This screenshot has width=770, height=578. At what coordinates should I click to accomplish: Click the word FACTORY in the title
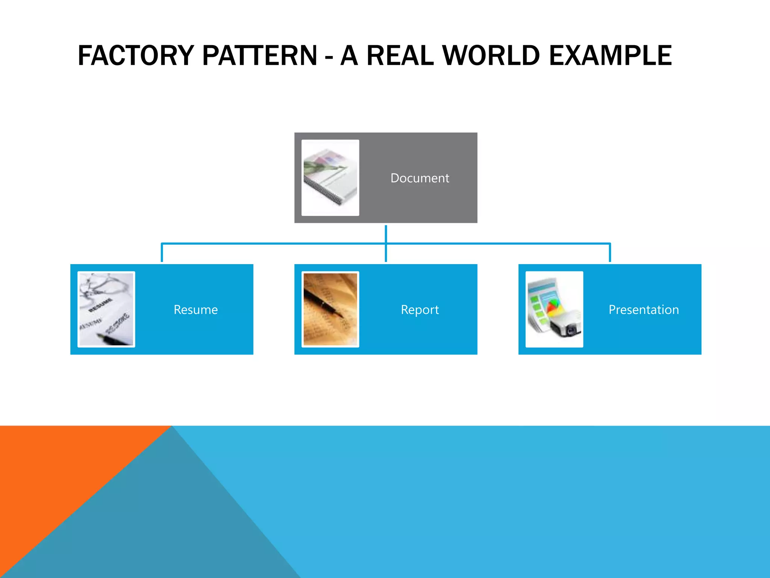tap(136, 56)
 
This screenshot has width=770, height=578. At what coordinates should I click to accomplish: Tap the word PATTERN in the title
tap(260, 56)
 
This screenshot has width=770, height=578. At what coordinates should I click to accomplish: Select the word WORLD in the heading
tap(491, 56)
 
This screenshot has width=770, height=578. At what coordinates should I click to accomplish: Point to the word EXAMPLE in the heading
tap(610, 56)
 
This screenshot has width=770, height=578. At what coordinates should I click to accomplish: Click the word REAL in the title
tap(400, 56)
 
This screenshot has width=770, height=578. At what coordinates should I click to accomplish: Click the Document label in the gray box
tap(420, 178)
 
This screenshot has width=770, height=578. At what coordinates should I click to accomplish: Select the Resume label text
tap(196, 310)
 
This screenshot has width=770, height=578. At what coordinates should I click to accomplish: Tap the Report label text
tap(420, 310)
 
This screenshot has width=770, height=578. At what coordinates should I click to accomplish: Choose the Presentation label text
tap(644, 310)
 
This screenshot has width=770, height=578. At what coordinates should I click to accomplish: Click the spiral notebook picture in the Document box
tap(330, 178)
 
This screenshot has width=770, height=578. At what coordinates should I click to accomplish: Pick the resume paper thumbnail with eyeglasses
tap(106, 309)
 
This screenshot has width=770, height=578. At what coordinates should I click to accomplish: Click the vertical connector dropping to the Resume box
tap(162, 253)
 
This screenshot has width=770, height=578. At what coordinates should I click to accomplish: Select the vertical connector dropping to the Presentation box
tap(610, 253)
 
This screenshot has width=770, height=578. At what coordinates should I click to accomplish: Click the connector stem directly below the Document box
tap(386, 233)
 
